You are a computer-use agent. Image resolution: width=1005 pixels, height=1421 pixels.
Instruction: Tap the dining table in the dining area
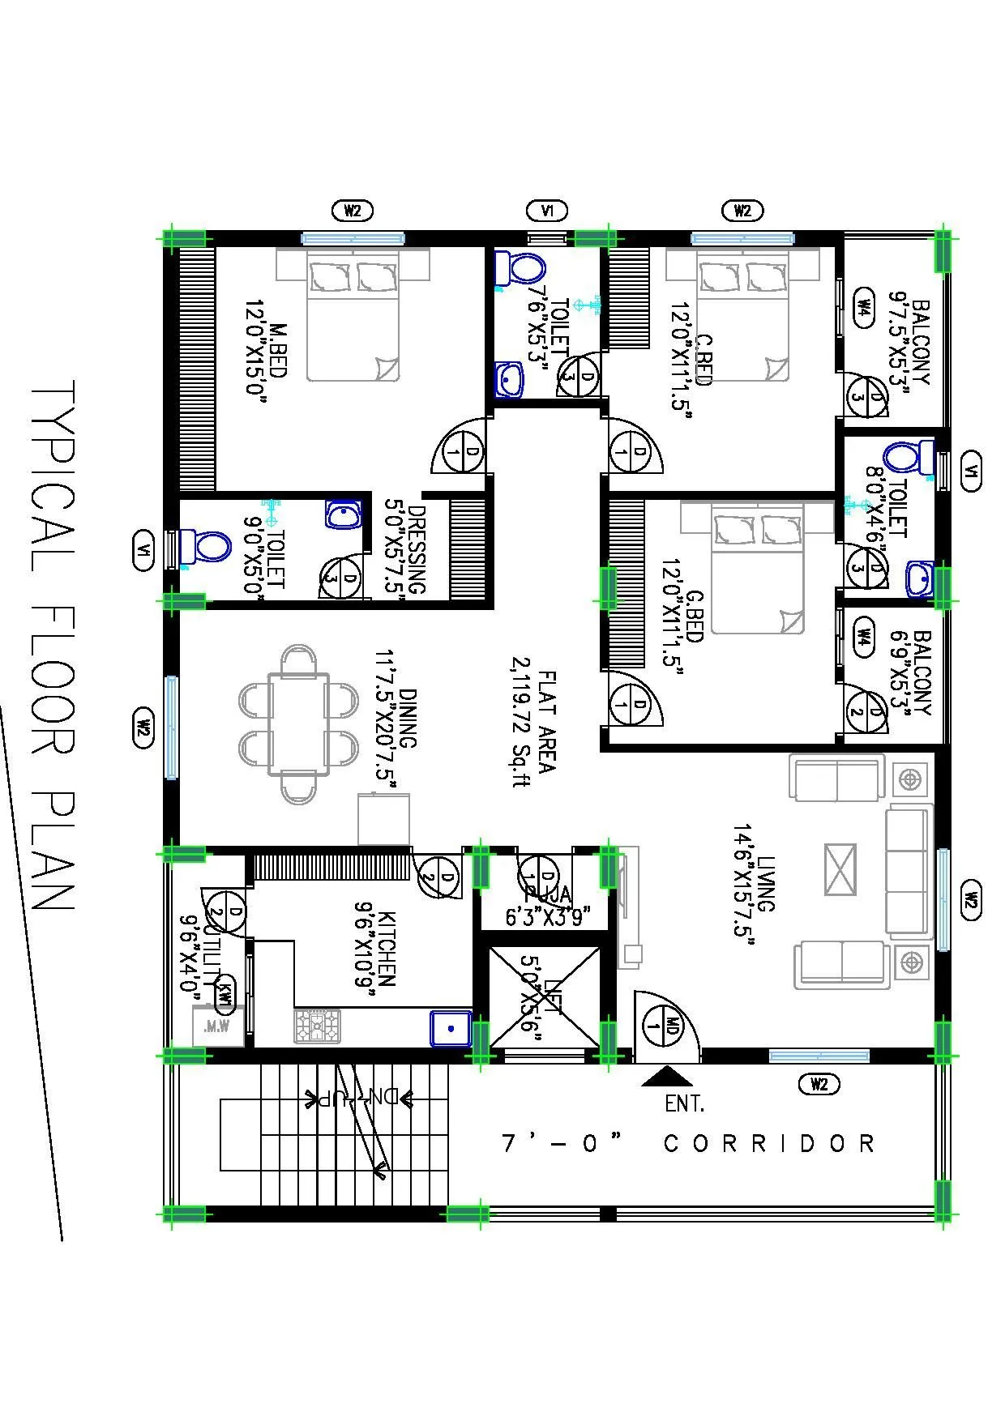pos(298,723)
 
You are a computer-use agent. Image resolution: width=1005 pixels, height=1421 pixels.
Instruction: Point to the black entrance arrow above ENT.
pos(666,1075)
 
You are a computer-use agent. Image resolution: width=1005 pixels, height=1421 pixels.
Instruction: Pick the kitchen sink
pos(451,1028)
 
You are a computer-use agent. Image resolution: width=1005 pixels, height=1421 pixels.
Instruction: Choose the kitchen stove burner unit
pos(317,1026)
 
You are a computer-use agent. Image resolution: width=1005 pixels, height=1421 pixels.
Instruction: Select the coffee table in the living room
pos(840,869)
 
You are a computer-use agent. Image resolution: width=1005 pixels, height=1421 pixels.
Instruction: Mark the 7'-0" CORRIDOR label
pos(689,1143)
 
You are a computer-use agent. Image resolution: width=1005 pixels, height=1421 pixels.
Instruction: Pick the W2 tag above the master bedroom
pos(353,211)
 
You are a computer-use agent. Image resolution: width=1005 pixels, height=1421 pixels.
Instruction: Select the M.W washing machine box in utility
pos(217,1026)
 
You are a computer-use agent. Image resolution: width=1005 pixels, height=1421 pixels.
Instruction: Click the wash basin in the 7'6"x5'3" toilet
pos(509,378)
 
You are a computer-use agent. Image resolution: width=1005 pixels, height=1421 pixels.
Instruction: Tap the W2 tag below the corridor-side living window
pos(819,1084)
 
